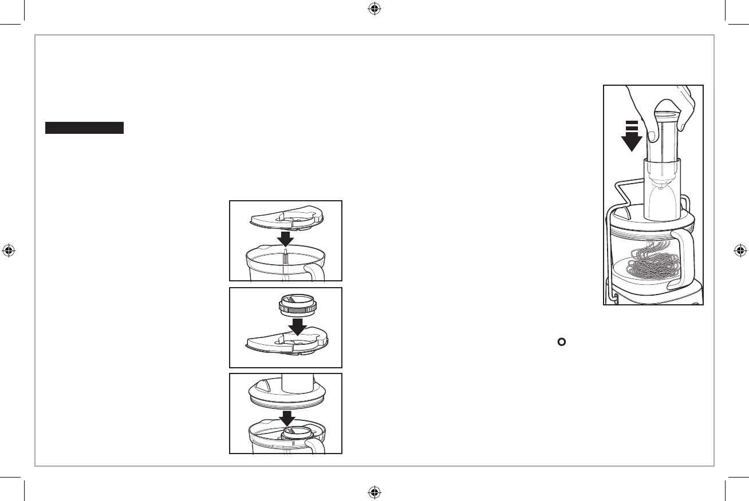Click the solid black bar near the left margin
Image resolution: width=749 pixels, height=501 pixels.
pos(85,128)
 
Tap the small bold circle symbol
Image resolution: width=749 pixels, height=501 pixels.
pos(562,342)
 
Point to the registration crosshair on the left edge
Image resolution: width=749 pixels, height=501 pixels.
pos(9,250)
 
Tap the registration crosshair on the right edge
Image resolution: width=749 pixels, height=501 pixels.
pos(740,250)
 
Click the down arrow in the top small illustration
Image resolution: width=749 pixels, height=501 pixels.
pos(285,237)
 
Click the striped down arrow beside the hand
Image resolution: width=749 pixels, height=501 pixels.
pos(632,136)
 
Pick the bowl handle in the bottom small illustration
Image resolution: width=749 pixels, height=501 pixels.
pos(315,444)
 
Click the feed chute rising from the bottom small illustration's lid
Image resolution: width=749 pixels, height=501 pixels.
pos(296,383)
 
